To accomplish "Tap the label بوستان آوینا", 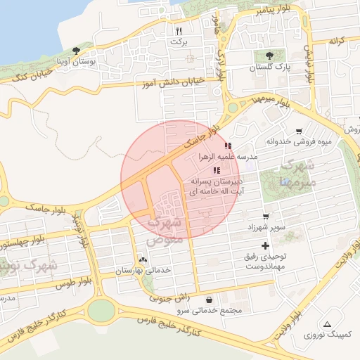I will (88, 63).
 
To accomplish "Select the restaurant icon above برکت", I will (179, 31).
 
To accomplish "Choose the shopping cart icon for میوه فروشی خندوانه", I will (299, 131).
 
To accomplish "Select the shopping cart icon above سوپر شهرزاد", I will (265, 217).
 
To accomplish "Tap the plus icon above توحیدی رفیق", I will (264, 245).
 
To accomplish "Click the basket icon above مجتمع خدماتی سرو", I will (210, 300).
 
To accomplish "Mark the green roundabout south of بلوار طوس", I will (101, 310).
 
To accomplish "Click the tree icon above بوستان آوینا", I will (76, 51).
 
